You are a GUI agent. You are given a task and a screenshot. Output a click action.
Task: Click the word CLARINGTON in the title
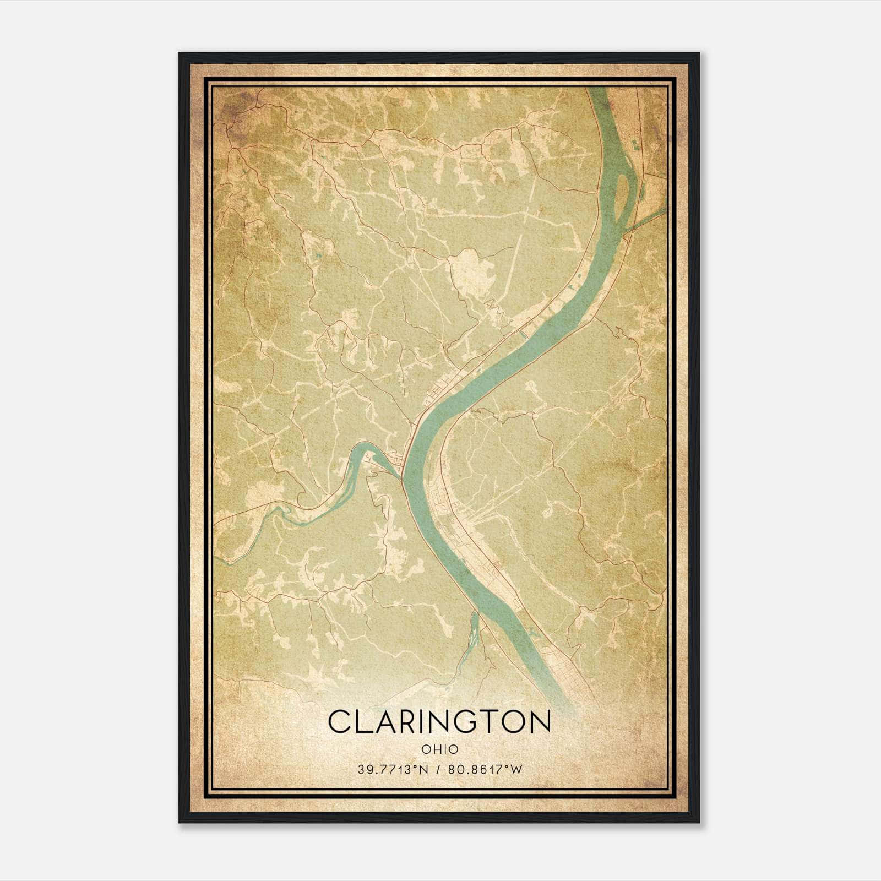(439, 721)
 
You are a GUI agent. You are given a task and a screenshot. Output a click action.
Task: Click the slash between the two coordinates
(438, 770)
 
